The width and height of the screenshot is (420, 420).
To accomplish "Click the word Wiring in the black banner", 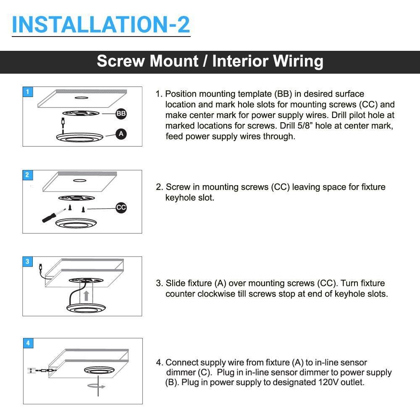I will pos(298,61).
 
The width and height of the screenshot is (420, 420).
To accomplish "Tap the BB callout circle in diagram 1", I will pos(121,113).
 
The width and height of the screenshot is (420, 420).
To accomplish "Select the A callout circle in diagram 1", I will pos(121,134).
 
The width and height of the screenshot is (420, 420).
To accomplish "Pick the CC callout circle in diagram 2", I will pos(121,207).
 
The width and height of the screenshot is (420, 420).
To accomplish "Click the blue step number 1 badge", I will pos(28,92).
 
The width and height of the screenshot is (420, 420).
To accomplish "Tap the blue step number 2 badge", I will pos(28,175).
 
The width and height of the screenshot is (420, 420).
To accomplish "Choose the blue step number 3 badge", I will pos(28,262).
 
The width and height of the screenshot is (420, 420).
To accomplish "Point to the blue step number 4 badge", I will pos(28,343).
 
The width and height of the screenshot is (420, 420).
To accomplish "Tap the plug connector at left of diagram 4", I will pos(31,370).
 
